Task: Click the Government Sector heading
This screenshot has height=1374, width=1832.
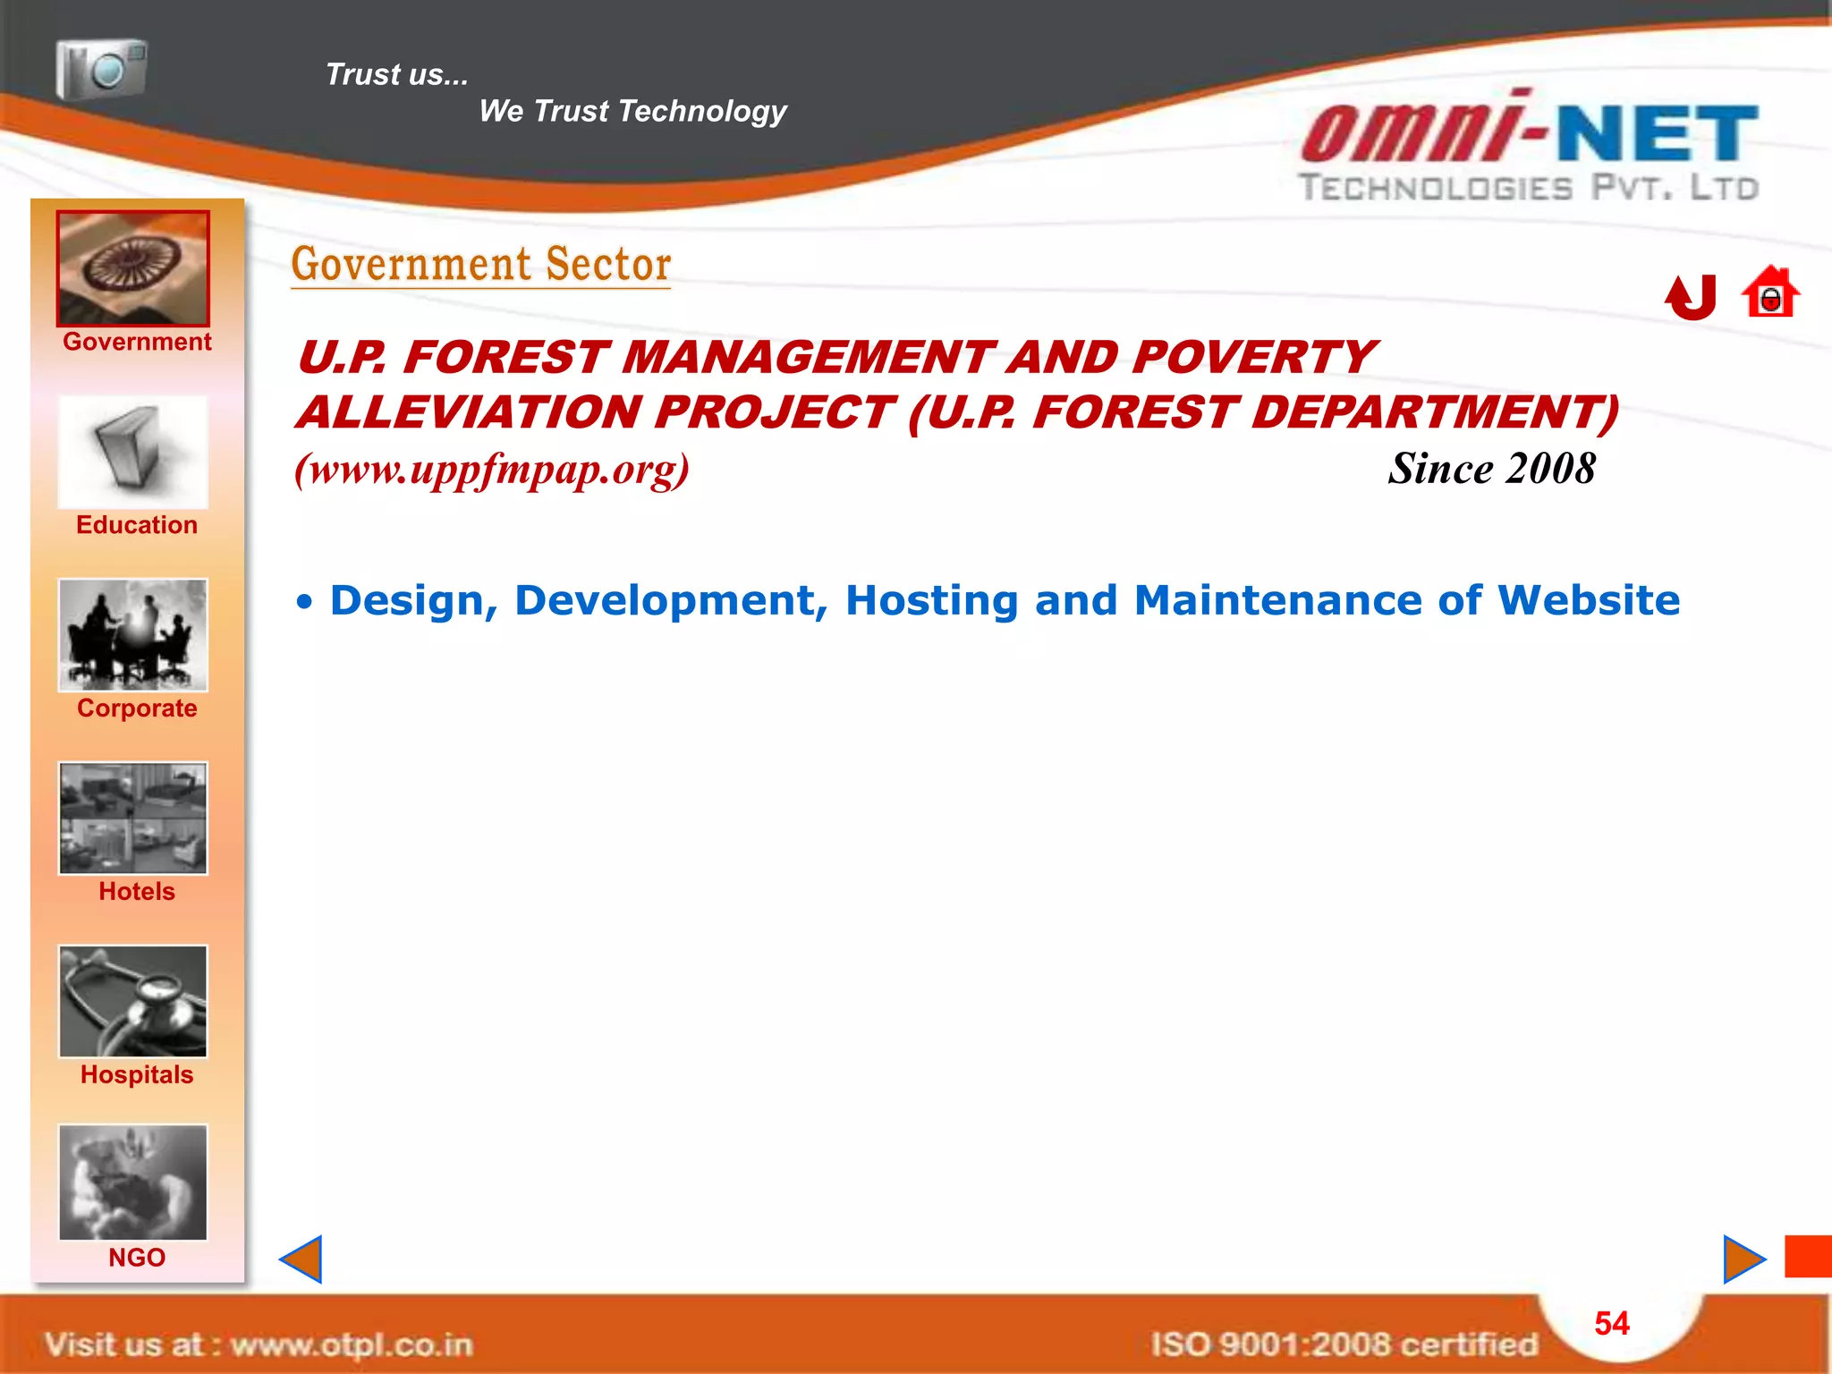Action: (480, 265)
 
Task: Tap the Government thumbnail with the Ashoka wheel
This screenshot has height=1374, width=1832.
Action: (133, 268)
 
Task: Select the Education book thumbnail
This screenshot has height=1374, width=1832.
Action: (133, 453)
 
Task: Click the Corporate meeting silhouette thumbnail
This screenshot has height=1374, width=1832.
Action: (133, 635)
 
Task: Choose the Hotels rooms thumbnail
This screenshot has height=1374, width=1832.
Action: (133, 818)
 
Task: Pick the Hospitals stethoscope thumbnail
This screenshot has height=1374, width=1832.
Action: (133, 1002)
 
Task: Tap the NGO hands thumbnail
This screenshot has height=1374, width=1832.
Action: (133, 1183)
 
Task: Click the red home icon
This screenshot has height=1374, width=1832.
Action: (1769, 293)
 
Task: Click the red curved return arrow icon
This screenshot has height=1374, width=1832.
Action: (1691, 297)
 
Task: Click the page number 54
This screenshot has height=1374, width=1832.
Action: (1612, 1324)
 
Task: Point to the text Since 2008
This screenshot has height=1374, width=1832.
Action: (1491, 469)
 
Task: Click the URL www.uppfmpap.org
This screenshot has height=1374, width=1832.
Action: (492, 469)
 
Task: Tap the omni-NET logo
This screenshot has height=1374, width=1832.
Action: (1530, 148)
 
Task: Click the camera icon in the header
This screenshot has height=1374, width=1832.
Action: (101, 68)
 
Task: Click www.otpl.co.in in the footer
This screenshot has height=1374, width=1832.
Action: (351, 1344)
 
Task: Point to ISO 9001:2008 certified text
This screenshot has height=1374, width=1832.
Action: (1344, 1344)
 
